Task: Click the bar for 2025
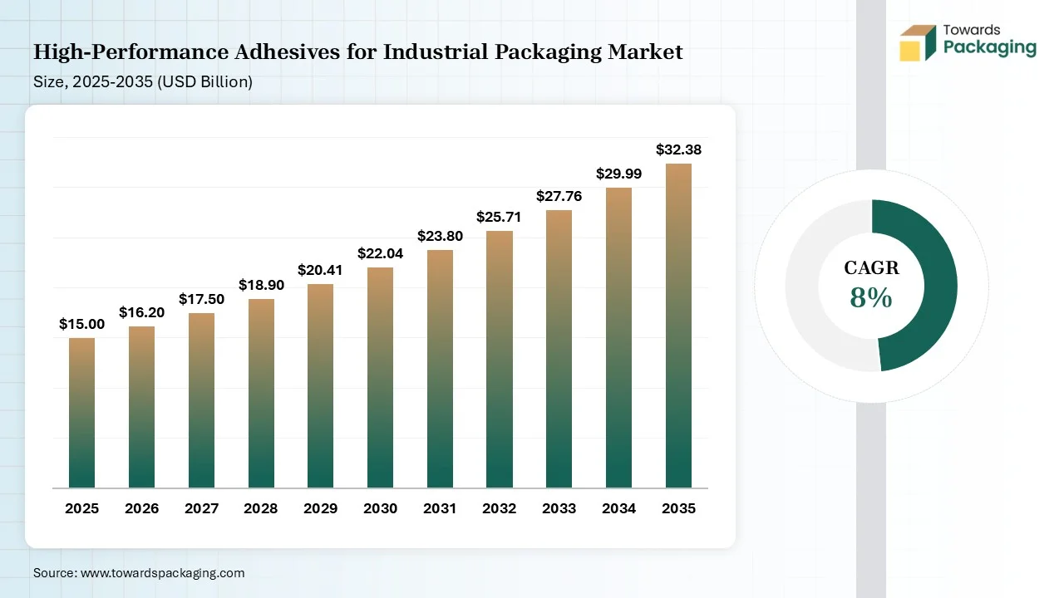click(81, 413)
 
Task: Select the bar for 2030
click(380, 378)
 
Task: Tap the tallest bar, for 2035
click(678, 326)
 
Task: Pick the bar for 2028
click(261, 393)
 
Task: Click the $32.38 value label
click(678, 150)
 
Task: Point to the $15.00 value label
click(81, 325)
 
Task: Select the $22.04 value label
click(380, 254)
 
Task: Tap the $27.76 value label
click(559, 197)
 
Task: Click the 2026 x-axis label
click(141, 508)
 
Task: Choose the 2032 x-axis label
click(500, 508)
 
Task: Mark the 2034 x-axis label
click(619, 508)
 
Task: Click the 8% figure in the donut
click(871, 297)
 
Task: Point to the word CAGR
click(871, 268)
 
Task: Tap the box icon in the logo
click(918, 42)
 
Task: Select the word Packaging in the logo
click(990, 47)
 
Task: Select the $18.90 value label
click(261, 286)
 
